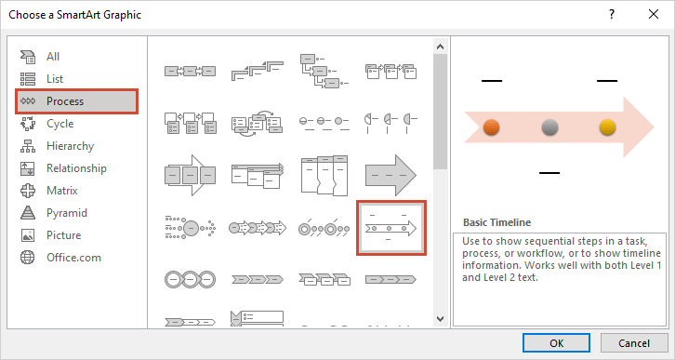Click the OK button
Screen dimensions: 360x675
click(556, 342)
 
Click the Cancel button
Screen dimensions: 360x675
click(629, 342)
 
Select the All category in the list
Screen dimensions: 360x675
click(53, 57)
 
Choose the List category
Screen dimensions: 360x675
click(55, 79)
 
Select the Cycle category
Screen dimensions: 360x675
click(60, 124)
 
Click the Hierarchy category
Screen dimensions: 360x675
click(70, 146)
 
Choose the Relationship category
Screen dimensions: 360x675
click(76, 168)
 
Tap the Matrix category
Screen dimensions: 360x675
click(61, 191)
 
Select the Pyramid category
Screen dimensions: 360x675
click(66, 213)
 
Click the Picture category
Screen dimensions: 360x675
click(63, 235)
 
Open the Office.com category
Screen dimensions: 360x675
click(73, 258)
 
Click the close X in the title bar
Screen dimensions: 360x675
click(654, 15)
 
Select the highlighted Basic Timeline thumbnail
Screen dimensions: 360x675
click(390, 227)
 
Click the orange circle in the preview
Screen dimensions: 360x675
click(493, 127)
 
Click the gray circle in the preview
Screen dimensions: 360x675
click(550, 127)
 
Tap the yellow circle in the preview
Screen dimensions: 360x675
click(608, 127)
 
